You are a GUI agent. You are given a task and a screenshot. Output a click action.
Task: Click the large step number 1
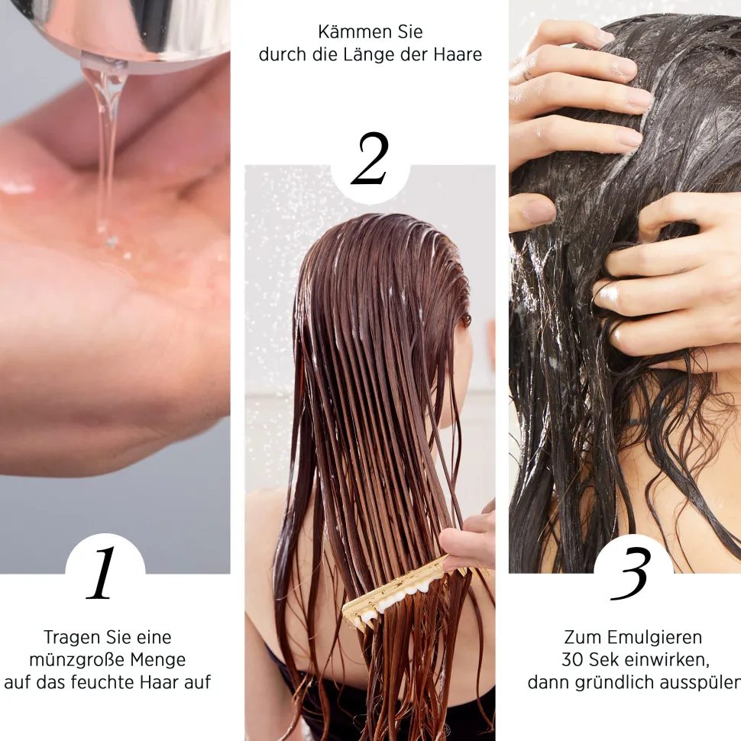[x=102, y=572]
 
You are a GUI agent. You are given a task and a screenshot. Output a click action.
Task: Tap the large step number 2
[x=370, y=158]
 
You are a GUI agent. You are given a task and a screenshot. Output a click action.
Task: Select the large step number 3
[x=630, y=573]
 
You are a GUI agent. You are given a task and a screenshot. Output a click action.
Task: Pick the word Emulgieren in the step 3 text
[x=655, y=638]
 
